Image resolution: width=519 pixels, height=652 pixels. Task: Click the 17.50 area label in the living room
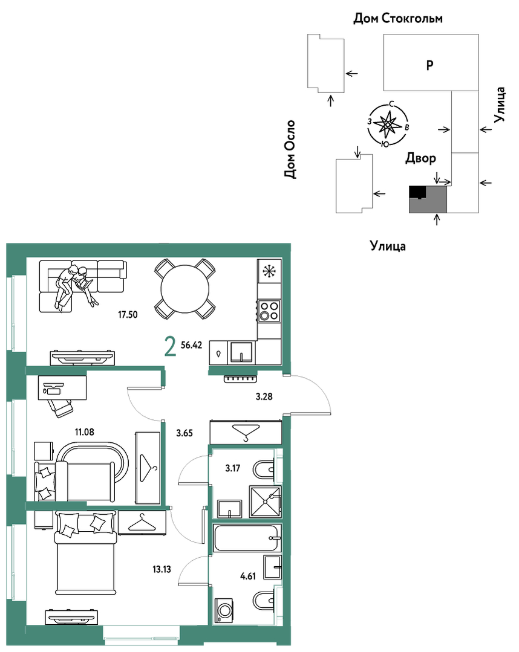click(128, 315)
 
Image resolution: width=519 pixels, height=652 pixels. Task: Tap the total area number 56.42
click(192, 345)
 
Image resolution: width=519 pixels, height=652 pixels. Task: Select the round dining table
click(185, 289)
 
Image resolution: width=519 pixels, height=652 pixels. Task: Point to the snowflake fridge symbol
click(269, 271)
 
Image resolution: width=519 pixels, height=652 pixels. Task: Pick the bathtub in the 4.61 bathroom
click(247, 538)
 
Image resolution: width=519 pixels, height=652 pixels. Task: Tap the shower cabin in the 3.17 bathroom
click(265, 502)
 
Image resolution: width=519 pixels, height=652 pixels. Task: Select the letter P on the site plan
click(430, 65)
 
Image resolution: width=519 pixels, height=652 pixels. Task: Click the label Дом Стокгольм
click(398, 18)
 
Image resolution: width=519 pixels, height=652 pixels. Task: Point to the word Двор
click(421, 158)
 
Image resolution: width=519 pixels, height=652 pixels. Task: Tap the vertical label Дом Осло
click(290, 149)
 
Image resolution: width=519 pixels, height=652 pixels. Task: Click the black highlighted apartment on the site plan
click(417, 192)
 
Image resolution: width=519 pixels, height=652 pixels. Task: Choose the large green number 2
click(170, 347)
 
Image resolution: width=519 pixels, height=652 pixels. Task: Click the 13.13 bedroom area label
click(162, 569)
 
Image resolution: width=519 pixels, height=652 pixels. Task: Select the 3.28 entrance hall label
click(264, 396)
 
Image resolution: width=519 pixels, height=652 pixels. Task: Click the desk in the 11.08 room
click(62, 387)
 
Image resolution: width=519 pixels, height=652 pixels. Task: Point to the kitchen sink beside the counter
click(241, 352)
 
